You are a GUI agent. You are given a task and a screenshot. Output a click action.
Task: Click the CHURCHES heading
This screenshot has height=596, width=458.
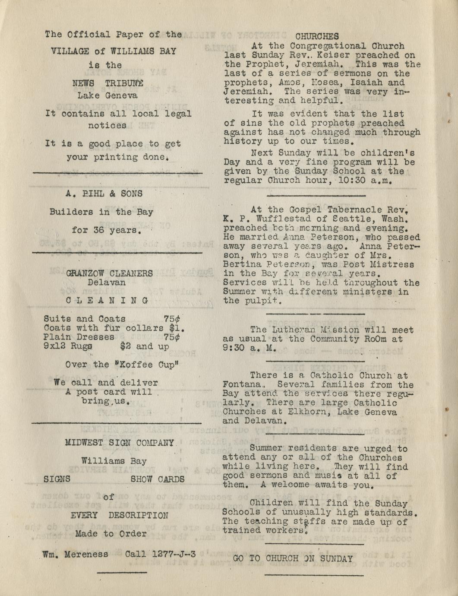coord(317,37)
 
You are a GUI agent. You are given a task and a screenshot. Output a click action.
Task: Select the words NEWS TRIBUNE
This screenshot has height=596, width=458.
coord(108,83)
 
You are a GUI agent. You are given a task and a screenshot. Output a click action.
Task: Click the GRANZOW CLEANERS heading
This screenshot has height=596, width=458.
coord(110,273)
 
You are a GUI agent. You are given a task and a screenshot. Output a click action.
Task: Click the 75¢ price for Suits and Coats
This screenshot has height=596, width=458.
coord(172,319)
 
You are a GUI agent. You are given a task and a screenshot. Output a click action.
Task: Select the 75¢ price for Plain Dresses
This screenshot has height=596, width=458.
coord(172,337)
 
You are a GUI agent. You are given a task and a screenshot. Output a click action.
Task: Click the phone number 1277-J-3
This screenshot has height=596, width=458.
coord(174,554)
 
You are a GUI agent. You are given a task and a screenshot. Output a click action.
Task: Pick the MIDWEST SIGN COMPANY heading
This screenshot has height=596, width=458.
coord(120,443)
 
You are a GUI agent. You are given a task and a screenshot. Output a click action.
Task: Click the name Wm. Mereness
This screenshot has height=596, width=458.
coord(75,554)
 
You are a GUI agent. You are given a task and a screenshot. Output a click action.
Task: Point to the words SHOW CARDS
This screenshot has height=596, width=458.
coord(158,479)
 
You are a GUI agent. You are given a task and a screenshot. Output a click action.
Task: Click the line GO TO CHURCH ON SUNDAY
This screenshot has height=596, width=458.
coord(293,558)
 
